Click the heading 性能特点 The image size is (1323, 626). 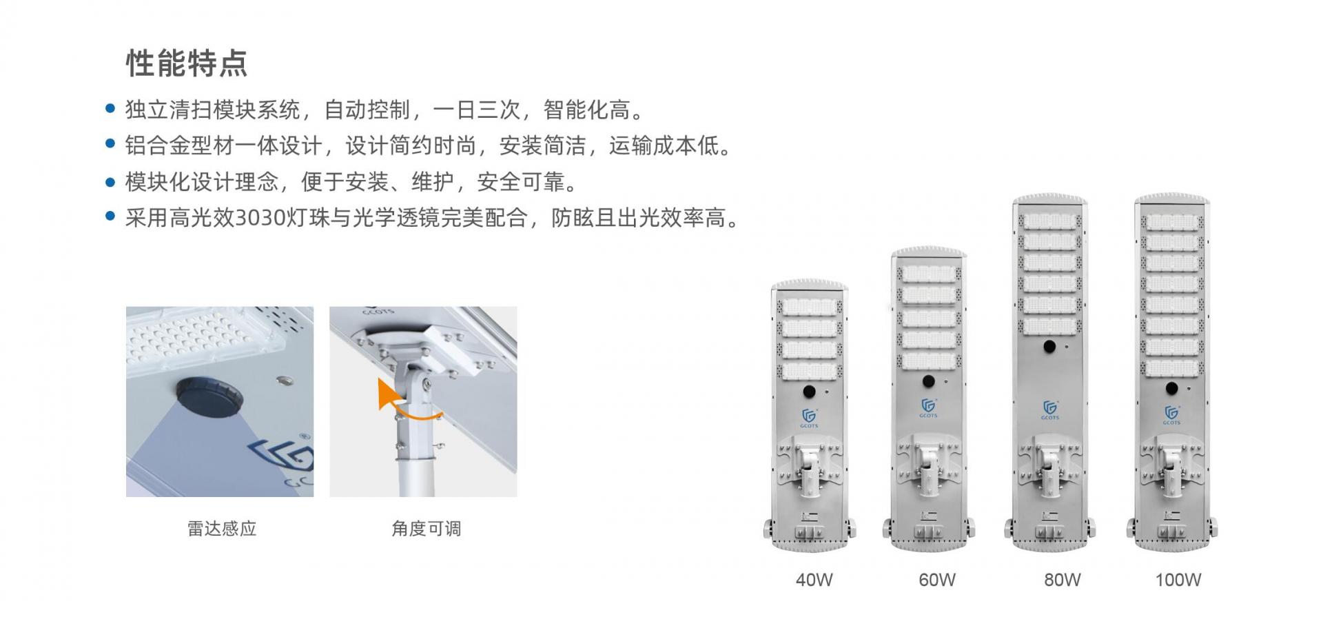click(x=186, y=63)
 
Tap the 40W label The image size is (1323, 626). click(x=814, y=580)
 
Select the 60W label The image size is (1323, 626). click(x=937, y=580)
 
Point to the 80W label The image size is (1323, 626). click(x=1062, y=580)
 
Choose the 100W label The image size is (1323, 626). click(x=1178, y=580)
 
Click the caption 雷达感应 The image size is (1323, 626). click(x=222, y=529)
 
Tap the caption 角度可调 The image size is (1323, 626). click(x=426, y=529)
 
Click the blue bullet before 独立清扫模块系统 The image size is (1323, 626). click(x=110, y=109)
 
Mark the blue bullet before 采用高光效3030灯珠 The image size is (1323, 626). click(x=110, y=216)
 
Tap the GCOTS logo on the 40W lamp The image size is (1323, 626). click(x=809, y=418)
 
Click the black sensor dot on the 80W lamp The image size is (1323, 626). click(x=1049, y=347)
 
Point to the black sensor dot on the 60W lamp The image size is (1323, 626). click(x=928, y=381)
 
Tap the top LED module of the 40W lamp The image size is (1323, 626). click(x=809, y=306)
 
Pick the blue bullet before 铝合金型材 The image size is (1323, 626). click(x=110, y=144)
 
